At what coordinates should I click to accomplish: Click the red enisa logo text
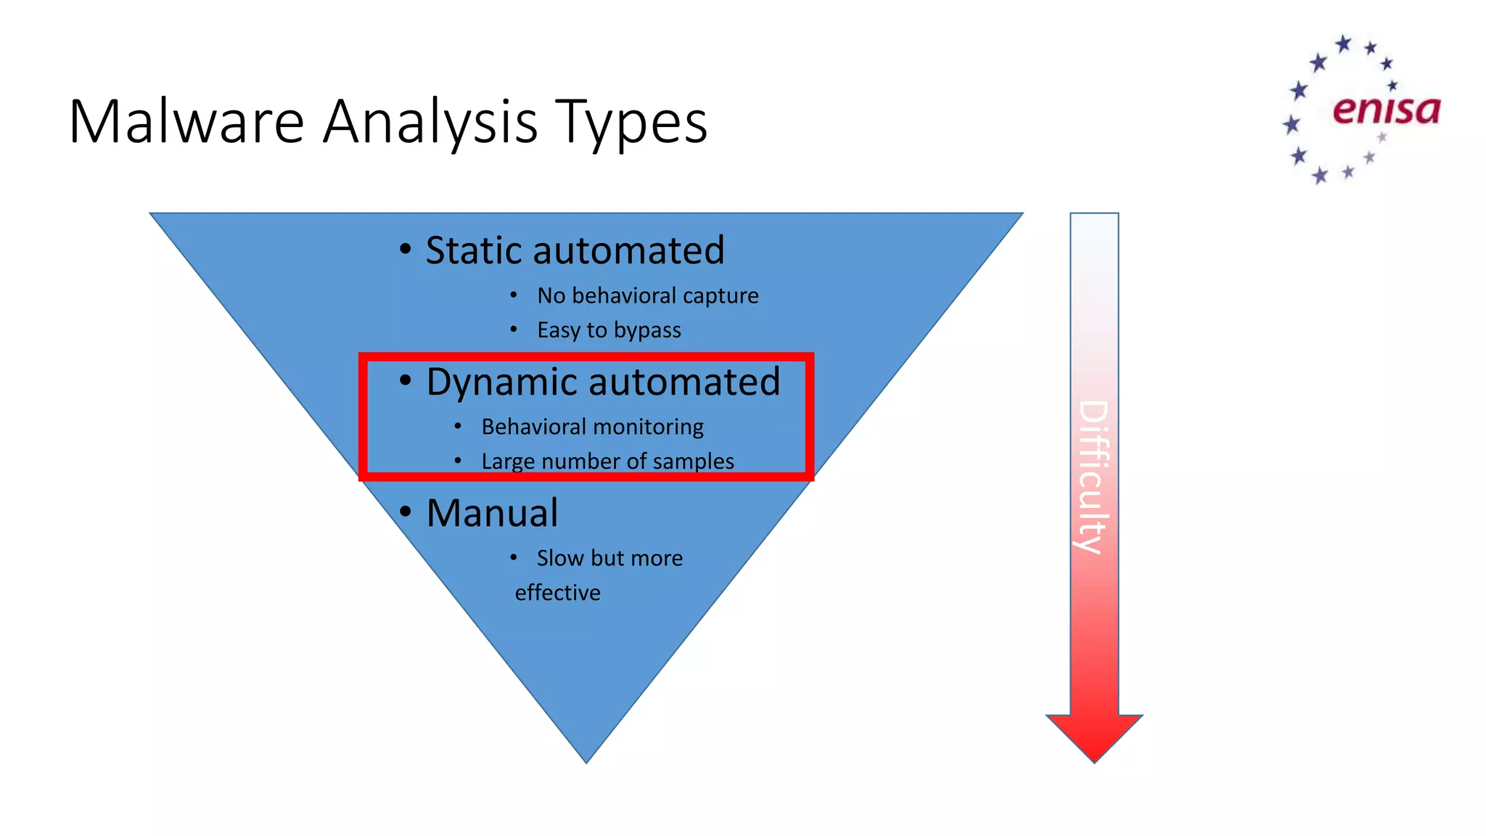[x=1386, y=110]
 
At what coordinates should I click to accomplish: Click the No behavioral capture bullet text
[x=647, y=295]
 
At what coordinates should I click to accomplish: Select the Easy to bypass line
[x=609, y=330]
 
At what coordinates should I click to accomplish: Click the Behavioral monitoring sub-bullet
[x=592, y=427]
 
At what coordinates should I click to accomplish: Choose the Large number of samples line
[x=607, y=462]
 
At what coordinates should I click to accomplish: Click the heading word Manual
[x=492, y=513]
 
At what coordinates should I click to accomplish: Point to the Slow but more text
[x=609, y=558]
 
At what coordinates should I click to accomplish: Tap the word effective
[x=557, y=593]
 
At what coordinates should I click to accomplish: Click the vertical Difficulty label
[x=1093, y=477]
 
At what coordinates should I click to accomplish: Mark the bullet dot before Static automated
[x=406, y=250]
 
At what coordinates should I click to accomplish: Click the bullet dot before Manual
[x=406, y=512]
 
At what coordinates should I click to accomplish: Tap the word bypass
[x=647, y=331]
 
